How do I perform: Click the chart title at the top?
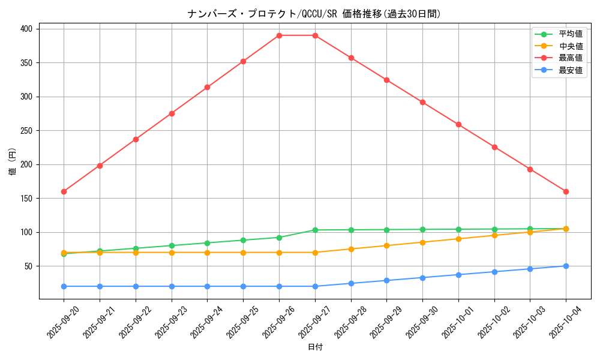click(x=314, y=14)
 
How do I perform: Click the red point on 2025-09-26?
click(x=279, y=35)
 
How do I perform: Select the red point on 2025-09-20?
click(x=64, y=191)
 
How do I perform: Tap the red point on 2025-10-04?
click(x=566, y=191)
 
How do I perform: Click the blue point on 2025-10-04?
click(x=566, y=266)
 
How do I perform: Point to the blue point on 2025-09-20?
click(x=64, y=286)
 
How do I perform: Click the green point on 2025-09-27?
click(x=315, y=230)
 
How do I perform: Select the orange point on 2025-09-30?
click(x=422, y=242)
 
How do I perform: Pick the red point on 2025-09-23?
click(x=172, y=113)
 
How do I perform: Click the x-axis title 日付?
click(x=315, y=347)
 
